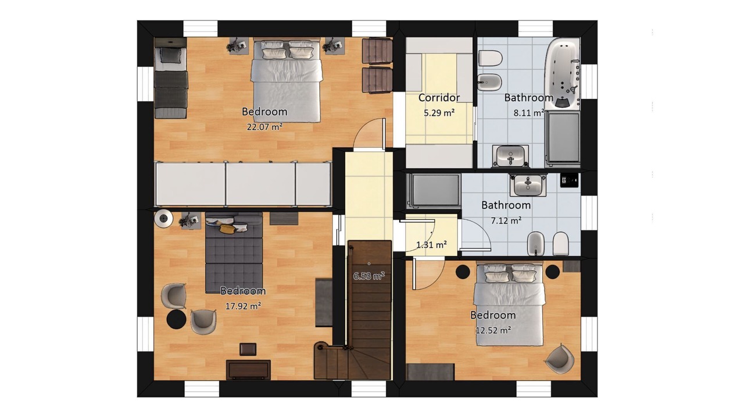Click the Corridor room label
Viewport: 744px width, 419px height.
click(x=439, y=98)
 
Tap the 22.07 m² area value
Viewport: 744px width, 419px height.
click(x=264, y=127)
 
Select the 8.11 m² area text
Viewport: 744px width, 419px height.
click(x=529, y=113)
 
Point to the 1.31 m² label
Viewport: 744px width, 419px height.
click(x=431, y=245)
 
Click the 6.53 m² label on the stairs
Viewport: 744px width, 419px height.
click(x=369, y=276)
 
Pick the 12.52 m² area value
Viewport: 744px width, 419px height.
click(x=493, y=330)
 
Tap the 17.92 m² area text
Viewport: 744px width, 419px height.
click(x=243, y=306)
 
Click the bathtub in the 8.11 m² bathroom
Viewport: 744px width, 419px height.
click(x=563, y=73)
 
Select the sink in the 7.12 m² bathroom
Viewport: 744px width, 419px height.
click(x=528, y=185)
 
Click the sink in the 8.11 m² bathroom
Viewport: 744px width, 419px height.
click(x=510, y=156)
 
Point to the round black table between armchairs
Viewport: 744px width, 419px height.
click(x=176, y=319)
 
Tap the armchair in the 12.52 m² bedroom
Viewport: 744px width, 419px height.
click(x=560, y=358)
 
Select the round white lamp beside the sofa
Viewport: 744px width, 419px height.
click(x=163, y=218)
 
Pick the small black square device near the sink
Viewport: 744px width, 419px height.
click(x=569, y=180)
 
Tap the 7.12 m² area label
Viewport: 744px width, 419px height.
click(x=506, y=220)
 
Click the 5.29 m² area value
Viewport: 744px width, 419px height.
click(x=439, y=113)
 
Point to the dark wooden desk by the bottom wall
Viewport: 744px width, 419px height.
click(x=248, y=370)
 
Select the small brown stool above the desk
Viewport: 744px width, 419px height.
click(x=248, y=349)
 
